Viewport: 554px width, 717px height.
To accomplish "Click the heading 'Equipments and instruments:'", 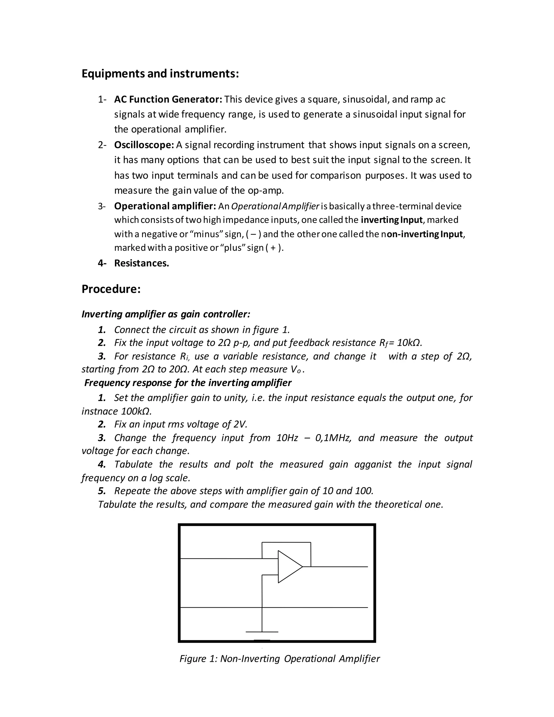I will (x=160, y=74).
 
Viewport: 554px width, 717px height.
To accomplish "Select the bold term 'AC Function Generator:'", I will (x=168, y=99).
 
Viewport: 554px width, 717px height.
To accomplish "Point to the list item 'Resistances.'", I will (x=141, y=263).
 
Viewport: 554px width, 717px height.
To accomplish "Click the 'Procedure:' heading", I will (x=111, y=289).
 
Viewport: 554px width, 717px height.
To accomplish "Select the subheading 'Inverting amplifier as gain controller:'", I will (x=166, y=314).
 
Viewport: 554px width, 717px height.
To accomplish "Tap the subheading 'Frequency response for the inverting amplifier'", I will (x=188, y=383).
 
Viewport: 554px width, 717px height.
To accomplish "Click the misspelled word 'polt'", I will (x=245, y=464).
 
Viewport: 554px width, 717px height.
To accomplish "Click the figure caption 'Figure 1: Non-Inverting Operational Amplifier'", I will (x=279, y=659).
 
